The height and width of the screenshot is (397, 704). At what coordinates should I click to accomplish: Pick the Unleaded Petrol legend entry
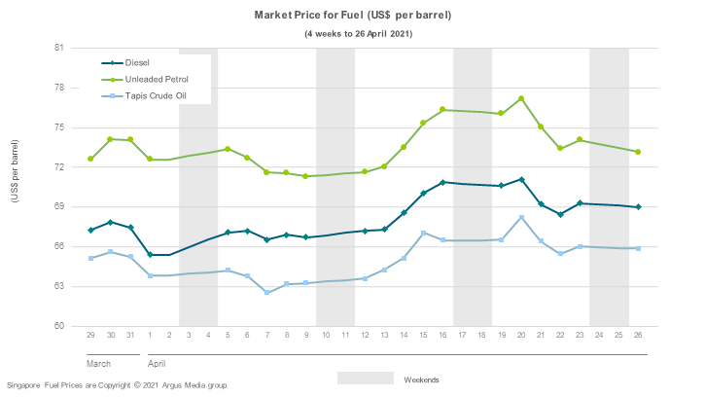156,79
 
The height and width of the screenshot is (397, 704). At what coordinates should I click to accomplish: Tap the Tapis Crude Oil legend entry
155,95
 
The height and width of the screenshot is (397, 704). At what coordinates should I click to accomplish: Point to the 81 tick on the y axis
58,48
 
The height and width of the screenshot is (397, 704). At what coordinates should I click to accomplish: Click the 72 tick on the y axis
58,167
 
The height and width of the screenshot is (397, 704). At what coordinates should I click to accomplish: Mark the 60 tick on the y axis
58,326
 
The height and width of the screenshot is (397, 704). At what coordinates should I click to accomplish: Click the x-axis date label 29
90,336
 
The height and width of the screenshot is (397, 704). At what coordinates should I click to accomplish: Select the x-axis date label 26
638,336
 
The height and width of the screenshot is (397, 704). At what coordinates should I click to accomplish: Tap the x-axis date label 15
423,336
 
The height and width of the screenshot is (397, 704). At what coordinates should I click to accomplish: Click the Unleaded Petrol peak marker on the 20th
522,98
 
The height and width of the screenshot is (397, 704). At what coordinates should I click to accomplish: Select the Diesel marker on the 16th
443,182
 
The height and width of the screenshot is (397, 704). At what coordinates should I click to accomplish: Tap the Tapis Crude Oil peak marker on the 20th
522,217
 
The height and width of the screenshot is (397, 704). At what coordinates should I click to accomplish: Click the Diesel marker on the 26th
638,207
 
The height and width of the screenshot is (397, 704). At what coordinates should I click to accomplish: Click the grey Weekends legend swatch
366,378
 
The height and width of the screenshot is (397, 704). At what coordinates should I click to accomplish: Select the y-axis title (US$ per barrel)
14,171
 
